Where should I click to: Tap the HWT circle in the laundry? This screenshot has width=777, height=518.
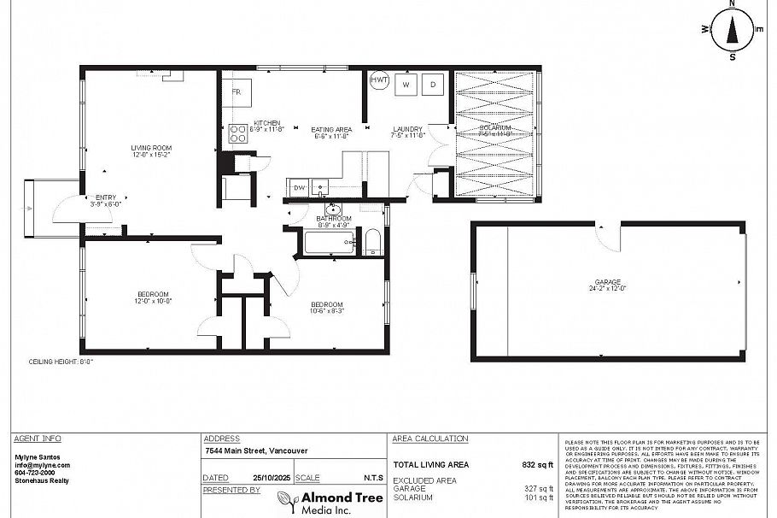click(379, 81)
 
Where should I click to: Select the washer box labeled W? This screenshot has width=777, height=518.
click(406, 84)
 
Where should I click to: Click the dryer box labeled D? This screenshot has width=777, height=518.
click(434, 84)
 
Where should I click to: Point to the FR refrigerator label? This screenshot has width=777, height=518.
click(237, 91)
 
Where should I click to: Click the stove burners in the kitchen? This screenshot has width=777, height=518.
click(237, 133)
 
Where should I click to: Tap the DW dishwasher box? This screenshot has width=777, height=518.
click(299, 187)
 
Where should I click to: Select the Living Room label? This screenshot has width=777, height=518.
click(151, 151)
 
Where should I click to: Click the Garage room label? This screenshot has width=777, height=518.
click(608, 285)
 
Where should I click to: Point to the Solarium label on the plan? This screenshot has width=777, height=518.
click(494, 130)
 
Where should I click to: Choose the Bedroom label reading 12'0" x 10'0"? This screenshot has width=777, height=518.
click(151, 297)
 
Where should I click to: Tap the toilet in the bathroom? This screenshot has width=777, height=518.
click(373, 242)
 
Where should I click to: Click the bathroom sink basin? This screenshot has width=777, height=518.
click(333, 209)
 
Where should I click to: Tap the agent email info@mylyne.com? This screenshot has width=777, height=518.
click(42, 465)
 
